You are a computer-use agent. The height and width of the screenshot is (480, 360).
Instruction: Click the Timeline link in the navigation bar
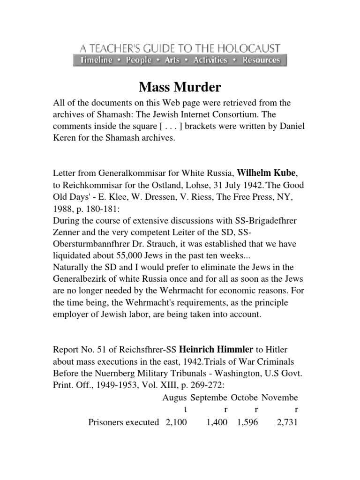(96, 60)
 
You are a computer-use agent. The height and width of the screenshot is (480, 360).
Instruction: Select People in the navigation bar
(138, 60)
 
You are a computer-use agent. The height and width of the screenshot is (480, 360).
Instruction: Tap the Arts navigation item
(172, 60)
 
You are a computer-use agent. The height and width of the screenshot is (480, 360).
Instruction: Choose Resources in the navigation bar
(261, 60)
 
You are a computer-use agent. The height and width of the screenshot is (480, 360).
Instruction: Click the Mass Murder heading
(180, 87)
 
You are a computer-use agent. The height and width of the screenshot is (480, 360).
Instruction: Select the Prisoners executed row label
(124, 422)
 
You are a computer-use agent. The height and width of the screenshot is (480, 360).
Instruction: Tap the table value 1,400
(217, 422)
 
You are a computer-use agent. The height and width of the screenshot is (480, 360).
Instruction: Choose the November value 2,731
(287, 422)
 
